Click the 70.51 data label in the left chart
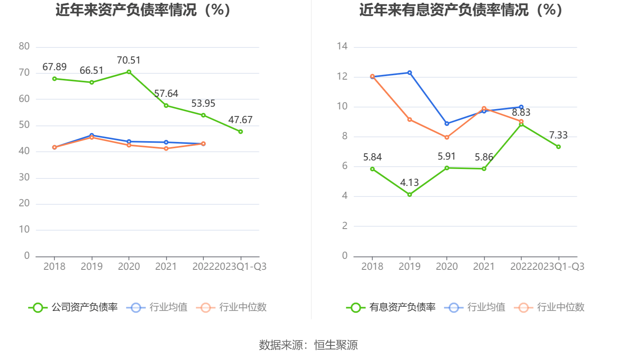coord(129,60)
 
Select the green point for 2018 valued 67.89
coord(54,79)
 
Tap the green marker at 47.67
coord(240,132)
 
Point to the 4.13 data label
coord(409,183)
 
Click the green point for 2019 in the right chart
coord(410,195)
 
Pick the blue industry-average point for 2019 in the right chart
coord(410,73)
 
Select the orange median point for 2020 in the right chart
coord(447,137)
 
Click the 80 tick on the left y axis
coord(24,47)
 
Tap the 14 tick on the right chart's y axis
coord(342,47)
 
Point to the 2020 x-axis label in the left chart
coord(129,267)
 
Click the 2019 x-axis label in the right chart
coord(410,267)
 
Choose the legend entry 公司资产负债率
coord(85,307)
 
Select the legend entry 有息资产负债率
coord(402,307)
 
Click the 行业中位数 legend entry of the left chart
coord(243,307)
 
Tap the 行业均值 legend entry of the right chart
coord(486,307)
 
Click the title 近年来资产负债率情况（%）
coord(143,10)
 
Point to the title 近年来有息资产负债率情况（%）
coord(461,10)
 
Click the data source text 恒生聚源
coord(336,345)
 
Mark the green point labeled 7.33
coord(558,147)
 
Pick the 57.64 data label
coord(166,94)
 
